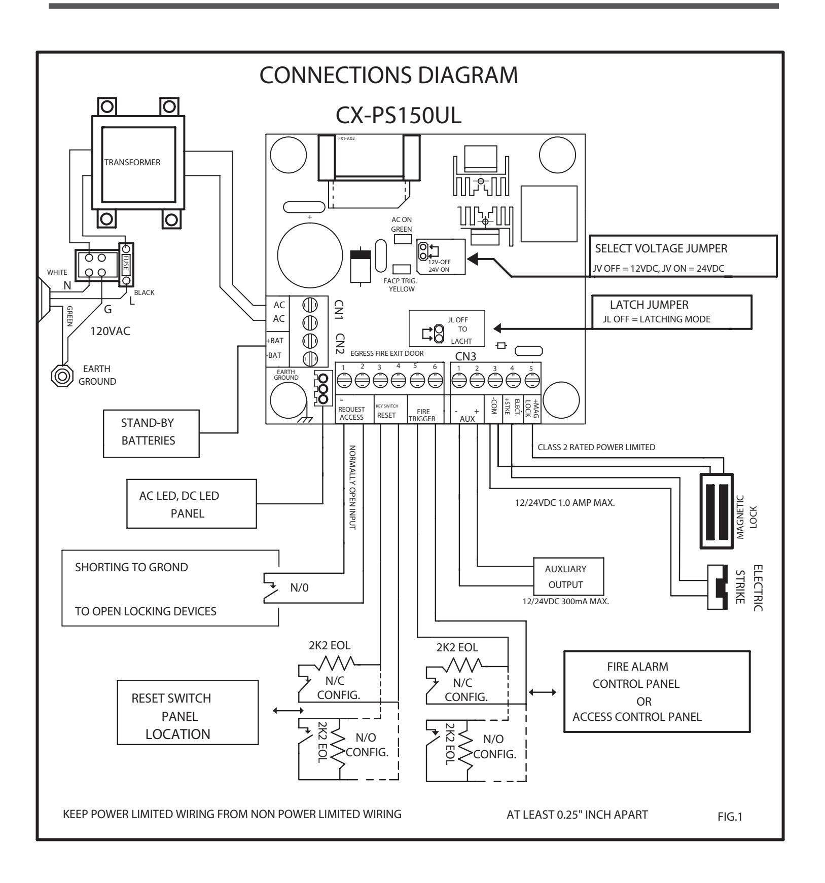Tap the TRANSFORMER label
click(132, 162)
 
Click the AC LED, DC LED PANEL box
click(193, 504)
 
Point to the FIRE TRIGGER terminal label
click(423, 415)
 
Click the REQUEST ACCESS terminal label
click(351, 414)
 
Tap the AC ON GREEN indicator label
click(402, 225)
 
